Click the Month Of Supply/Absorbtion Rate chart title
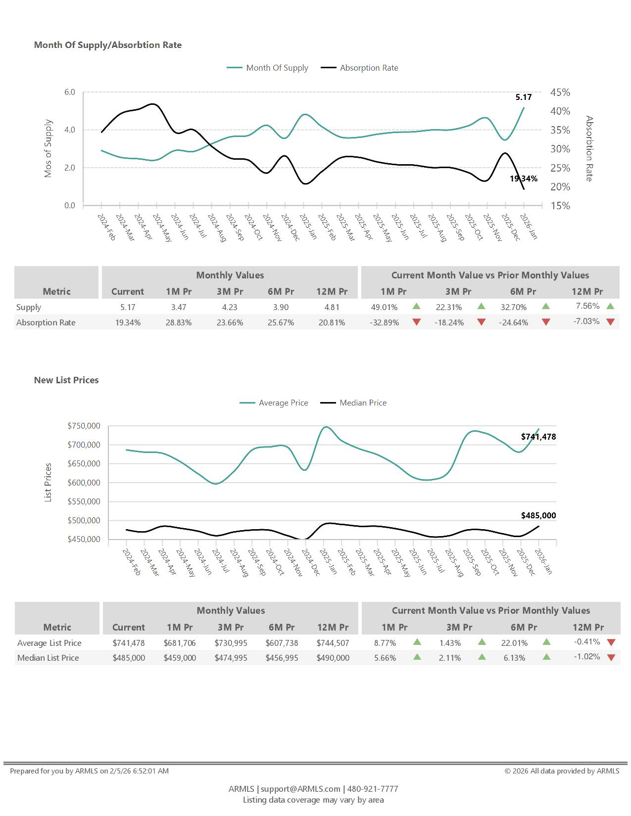click(108, 45)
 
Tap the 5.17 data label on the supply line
click(523, 97)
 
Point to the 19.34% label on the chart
click(524, 179)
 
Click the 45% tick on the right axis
click(560, 92)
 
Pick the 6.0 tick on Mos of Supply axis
click(69, 92)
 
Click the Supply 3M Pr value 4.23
click(230, 307)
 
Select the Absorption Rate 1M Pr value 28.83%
click(179, 322)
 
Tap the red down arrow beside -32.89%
click(417, 322)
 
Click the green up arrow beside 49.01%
click(417, 307)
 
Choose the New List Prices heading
click(66, 380)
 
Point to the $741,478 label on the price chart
click(538, 437)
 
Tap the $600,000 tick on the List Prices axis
click(84, 483)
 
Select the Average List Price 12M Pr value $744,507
click(333, 643)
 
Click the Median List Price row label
click(48, 658)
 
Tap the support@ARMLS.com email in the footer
click(300, 789)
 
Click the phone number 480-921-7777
click(373, 789)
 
